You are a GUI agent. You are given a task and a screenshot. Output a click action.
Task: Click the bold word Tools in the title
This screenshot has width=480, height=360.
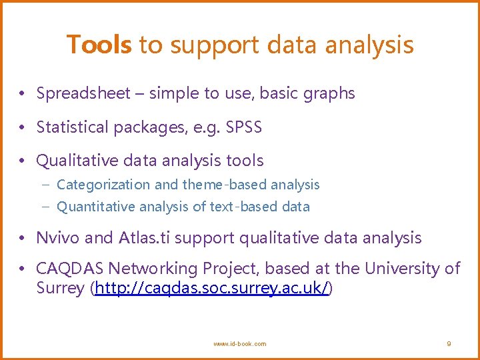pos(99,45)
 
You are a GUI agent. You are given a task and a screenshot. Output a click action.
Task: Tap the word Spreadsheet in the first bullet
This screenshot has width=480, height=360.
pos(83,94)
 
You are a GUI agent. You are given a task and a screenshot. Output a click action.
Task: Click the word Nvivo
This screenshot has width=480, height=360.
pos(59,237)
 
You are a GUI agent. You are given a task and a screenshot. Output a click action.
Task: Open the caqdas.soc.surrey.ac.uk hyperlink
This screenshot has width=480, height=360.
pos(212,289)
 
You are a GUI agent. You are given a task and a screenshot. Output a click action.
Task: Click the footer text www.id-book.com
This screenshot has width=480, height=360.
pos(239,344)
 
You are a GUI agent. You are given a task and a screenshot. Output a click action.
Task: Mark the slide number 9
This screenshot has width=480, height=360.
pos(449,344)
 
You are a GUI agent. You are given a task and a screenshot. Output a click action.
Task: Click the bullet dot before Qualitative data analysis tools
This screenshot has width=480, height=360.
pos(23,161)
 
